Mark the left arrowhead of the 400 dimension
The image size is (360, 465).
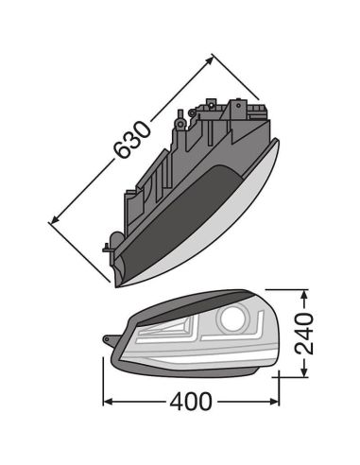tap(107, 403)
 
